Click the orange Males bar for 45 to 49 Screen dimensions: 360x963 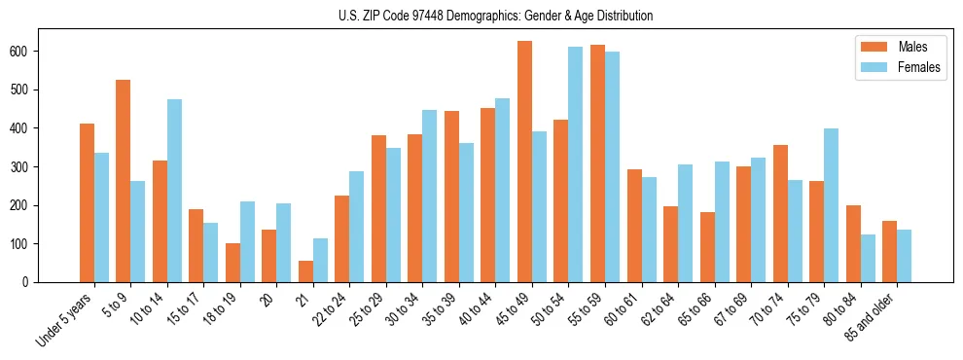(524, 162)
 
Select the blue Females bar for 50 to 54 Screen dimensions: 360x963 (576, 164)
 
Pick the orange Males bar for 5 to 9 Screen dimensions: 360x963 (124, 181)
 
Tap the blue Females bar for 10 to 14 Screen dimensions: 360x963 (174, 191)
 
